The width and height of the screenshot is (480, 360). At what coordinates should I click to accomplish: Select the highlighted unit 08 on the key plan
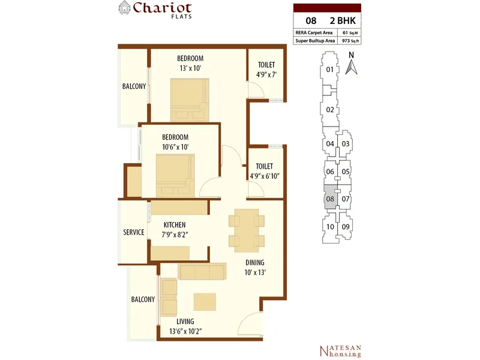[331, 197]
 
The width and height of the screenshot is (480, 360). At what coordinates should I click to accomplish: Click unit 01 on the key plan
[329, 70]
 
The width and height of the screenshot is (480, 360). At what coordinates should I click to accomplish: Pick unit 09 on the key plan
[346, 227]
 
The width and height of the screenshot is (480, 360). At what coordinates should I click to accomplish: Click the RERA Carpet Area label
[314, 32]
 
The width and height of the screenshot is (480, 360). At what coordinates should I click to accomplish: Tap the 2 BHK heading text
[343, 20]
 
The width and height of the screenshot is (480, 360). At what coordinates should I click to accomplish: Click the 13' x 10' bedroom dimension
[190, 68]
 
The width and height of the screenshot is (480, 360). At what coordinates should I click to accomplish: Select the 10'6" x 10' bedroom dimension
[175, 147]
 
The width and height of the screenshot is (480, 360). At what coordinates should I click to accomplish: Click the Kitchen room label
[175, 224]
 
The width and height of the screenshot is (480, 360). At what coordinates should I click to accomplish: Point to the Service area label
[133, 232]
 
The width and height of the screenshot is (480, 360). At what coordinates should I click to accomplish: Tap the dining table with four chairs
[247, 230]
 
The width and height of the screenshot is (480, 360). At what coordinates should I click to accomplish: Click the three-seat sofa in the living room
[202, 271]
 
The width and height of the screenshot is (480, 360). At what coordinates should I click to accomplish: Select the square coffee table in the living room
[205, 302]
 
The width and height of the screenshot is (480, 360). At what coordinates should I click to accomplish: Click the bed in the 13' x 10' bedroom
[190, 100]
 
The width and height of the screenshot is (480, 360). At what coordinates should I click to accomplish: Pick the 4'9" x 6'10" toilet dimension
[265, 176]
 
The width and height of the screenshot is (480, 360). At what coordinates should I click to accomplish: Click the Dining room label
[254, 263]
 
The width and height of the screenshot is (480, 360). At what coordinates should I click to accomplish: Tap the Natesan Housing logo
[340, 351]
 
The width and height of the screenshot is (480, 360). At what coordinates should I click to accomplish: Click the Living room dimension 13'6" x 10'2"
[185, 332]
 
